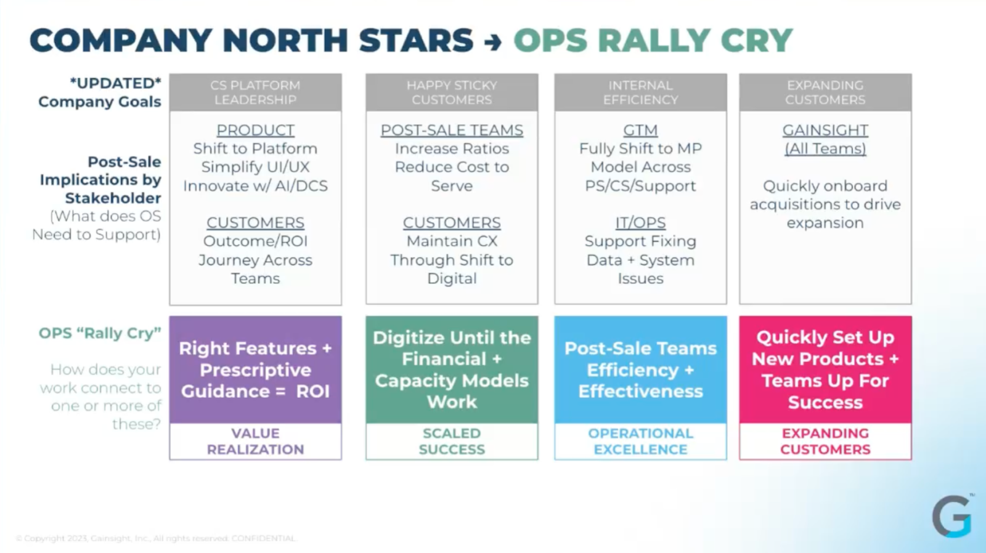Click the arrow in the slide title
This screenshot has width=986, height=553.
[x=493, y=42]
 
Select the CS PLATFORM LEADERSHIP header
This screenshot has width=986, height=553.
[x=255, y=92]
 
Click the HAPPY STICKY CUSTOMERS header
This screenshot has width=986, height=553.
[x=452, y=92]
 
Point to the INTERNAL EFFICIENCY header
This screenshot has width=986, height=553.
[x=640, y=92]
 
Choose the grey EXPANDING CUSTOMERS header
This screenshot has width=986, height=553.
[x=825, y=92]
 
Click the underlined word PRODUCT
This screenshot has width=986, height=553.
[x=255, y=130]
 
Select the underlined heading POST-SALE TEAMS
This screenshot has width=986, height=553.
[x=452, y=130]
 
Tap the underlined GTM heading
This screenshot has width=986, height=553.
[x=640, y=130]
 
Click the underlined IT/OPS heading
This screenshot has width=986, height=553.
[x=640, y=222]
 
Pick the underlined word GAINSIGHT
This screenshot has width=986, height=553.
[x=825, y=130]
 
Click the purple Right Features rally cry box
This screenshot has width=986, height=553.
[x=255, y=369]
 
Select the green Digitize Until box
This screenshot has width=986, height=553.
[x=452, y=369]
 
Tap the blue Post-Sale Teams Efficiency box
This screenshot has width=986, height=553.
[x=640, y=369]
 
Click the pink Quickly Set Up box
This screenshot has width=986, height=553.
[x=825, y=369]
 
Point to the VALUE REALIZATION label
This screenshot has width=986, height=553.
[x=255, y=442]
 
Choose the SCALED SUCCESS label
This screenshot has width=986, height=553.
[x=452, y=442]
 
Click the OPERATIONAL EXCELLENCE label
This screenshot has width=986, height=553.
[x=640, y=442]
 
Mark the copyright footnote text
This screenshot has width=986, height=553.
[x=156, y=538]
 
